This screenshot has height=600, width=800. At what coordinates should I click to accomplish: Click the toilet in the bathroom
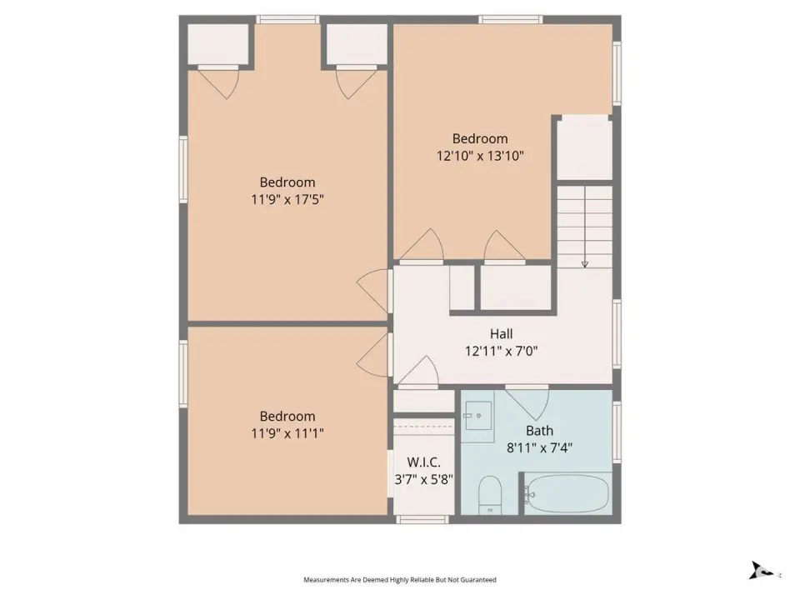pyautogui.click(x=490, y=495)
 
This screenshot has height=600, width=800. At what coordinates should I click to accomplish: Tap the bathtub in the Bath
pyautogui.click(x=567, y=494)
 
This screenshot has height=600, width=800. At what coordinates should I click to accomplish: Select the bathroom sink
pyautogui.click(x=478, y=416)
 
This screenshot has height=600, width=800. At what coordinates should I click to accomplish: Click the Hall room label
pyautogui.click(x=501, y=334)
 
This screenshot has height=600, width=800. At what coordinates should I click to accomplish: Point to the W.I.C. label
pyautogui.click(x=423, y=462)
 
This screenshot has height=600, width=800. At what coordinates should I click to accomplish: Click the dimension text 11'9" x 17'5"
pyautogui.click(x=287, y=199)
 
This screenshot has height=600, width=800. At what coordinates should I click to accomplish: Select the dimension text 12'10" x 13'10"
pyautogui.click(x=480, y=156)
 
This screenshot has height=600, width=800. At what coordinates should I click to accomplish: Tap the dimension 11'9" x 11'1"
pyautogui.click(x=287, y=433)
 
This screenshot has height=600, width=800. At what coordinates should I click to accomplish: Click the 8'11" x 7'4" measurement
pyautogui.click(x=539, y=448)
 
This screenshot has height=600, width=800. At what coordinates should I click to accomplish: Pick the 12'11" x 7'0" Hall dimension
pyautogui.click(x=501, y=351)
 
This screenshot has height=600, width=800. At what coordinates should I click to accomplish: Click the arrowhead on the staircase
pyautogui.click(x=585, y=264)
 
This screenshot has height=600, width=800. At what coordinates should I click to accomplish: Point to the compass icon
pyautogui.click(x=761, y=570)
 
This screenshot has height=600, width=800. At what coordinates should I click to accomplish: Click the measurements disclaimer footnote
pyautogui.click(x=399, y=580)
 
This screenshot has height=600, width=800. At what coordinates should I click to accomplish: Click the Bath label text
pyautogui.click(x=539, y=431)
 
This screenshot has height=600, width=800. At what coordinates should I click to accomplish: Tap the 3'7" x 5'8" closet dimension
pyautogui.click(x=423, y=480)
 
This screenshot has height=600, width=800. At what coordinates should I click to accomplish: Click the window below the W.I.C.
pyautogui.click(x=422, y=519)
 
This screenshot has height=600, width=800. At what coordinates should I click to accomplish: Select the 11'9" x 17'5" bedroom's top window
pyautogui.click(x=287, y=19)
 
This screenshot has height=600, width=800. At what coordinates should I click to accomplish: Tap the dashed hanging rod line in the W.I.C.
pyautogui.click(x=423, y=427)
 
